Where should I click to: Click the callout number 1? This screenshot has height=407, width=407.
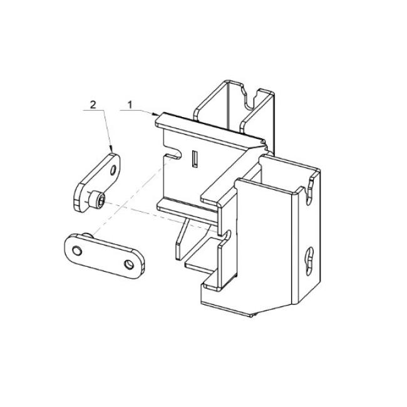(x=130, y=105)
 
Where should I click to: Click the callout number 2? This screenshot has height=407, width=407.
(x=93, y=105)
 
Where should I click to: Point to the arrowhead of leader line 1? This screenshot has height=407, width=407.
(x=156, y=114)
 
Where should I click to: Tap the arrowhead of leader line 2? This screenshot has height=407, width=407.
(x=111, y=150)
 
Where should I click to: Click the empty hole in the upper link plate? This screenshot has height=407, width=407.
(x=113, y=170)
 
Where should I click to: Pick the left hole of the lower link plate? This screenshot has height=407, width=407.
(x=77, y=251)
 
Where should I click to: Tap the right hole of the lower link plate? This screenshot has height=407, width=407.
(x=129, y=265)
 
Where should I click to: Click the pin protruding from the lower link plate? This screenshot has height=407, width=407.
(x=89, y=235)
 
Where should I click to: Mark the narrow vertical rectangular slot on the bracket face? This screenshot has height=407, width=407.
(x=195, y=159)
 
